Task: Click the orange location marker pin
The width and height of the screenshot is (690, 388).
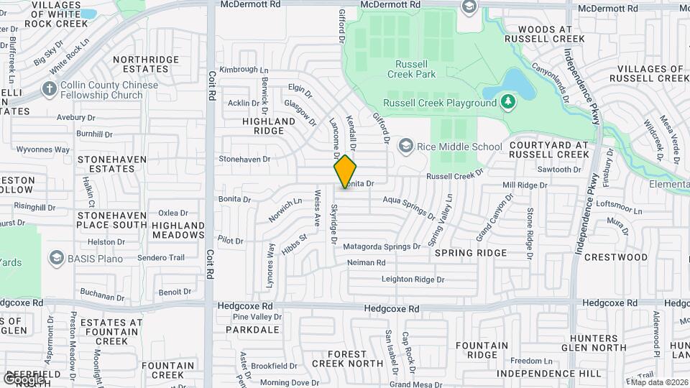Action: point(345,171)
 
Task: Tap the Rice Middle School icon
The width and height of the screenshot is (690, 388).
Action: point(405,147)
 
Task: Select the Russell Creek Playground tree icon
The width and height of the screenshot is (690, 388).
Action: point(508,102)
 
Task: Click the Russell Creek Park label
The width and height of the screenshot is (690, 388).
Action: point(411,68)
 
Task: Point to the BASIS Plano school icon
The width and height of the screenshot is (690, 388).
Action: point(56,257)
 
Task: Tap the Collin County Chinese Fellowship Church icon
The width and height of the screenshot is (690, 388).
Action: point(49,90)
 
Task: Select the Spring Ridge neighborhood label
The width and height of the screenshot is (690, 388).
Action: point(471,253)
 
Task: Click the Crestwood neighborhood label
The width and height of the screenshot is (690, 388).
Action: point(615,257)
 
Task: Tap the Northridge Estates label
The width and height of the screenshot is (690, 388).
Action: point(144,64)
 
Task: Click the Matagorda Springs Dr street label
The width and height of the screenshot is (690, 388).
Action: point(382,246)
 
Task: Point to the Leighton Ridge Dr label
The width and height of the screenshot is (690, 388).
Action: point(413,279)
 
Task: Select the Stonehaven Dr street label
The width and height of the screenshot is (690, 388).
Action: point(244,159)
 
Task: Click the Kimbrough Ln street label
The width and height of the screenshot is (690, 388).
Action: point(238,70)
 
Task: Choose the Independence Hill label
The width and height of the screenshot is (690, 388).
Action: point(559,374)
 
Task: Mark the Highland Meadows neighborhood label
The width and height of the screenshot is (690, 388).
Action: point(178,230)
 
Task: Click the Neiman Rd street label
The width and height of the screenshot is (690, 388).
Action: point(366,263)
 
